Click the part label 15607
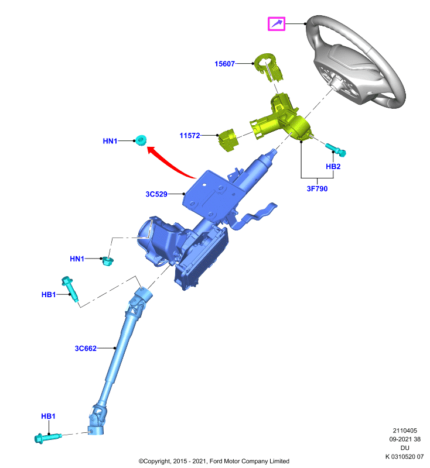pos(225,64)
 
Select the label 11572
pos(190,136)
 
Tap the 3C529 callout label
pos(156,194)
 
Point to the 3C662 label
pos(86,348)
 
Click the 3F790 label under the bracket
pos(317,188)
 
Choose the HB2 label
pos(333,167)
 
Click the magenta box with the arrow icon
pos(277,24)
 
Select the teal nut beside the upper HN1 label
pos(141,140)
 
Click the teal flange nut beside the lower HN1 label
pos(108,261)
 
